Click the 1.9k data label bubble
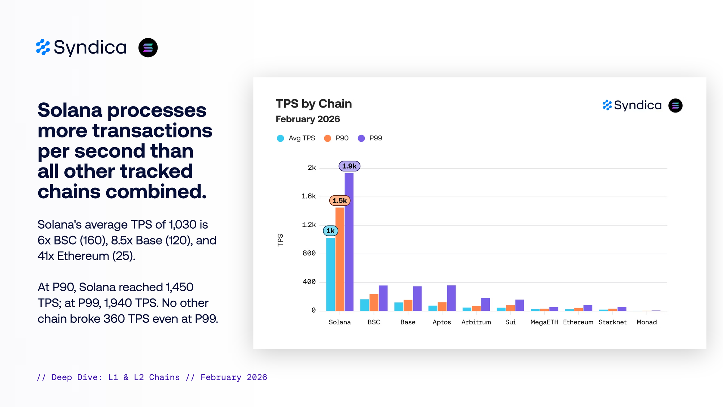349,166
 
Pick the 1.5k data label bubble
339,200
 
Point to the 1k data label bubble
330,231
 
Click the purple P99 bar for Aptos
451,298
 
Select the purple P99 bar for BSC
383,298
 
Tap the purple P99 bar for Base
417,298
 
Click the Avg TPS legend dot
280,138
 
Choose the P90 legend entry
337,138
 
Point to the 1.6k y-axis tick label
308,196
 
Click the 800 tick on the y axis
309,253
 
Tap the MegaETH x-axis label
544,322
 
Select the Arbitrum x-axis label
476,322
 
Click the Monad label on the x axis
646,322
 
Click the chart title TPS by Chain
313,104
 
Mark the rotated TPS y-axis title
280,240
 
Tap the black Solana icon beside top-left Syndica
148,48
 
